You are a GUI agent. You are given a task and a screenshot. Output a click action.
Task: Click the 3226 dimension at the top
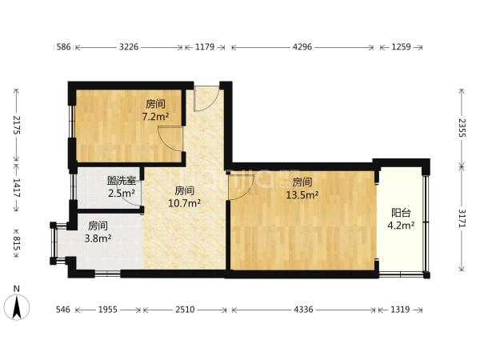(129, 47)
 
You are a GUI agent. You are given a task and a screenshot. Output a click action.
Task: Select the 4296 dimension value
(302, 47)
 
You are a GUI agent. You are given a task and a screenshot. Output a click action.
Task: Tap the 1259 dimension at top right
(401, 47)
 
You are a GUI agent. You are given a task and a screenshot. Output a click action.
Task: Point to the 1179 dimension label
(205, 47)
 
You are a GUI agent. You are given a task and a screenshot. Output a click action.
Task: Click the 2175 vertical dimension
(17, 125)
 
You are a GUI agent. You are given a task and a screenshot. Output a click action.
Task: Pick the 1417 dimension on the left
(17, 188)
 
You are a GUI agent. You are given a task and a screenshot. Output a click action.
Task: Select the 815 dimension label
(17, 243)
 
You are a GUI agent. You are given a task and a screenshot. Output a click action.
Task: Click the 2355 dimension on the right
(462, 128)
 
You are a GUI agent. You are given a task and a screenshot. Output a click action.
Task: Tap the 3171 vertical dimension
(462, 218)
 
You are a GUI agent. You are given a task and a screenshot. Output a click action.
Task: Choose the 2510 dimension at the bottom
(185, 310)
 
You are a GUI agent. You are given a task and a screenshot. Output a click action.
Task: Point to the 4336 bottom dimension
(303, 310)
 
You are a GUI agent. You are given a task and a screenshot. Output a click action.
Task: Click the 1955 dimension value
(108, 310)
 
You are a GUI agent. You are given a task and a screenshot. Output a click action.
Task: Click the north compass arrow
(17, 306)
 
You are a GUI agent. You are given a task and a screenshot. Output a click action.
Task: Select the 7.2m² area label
(155, 116)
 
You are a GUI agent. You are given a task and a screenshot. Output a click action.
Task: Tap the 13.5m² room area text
(302, 194)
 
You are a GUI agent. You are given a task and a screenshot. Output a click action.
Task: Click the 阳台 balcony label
(401, 213)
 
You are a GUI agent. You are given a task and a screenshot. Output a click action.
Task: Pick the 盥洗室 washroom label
(122, 181)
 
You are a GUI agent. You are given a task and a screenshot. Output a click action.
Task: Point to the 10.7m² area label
(185, 203)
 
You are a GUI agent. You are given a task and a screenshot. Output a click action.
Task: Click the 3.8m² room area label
(98, 238)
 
